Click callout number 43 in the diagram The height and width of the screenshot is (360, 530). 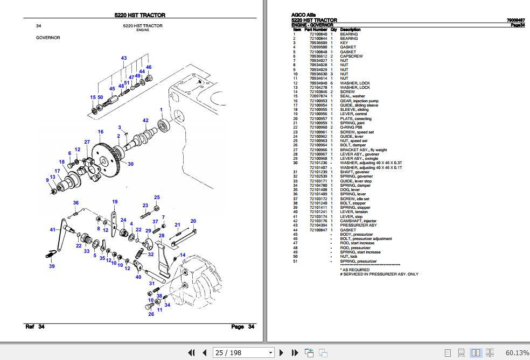(x=124, y=58)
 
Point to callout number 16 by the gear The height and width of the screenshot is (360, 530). (x=100, y=132)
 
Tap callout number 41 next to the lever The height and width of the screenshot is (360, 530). (x=53, y=230)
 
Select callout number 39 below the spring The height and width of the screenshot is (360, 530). (x=52, y=266)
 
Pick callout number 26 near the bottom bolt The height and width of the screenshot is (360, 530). (x=151, y=314)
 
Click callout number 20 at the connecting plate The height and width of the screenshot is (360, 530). (x=193, y=221)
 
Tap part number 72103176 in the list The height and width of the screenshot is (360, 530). (x=318, y=221)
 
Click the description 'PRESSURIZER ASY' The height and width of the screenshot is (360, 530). (x=358, y=225)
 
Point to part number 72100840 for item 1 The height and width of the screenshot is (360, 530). (x=318, y=34)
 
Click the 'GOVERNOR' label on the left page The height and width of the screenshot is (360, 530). (x=48, y=38)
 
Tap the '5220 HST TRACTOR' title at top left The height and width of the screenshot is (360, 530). (x=140, y=16)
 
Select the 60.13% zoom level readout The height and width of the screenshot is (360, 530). (x=516, y=352)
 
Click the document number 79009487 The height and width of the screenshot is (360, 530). (x=516, y=20)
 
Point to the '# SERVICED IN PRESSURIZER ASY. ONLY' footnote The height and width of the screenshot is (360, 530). (x=379, y=274)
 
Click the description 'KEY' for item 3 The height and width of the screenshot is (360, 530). (x=344, y=43)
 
